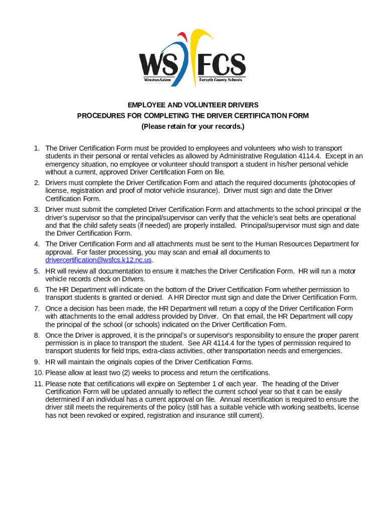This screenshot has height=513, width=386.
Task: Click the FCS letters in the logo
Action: [x=221, y=64]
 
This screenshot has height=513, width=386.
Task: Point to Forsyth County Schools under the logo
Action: [x=221, y=80]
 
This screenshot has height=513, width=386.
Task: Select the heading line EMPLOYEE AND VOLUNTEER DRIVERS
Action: [x=193, y=105]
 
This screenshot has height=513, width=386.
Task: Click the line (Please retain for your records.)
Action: [x=193, y=126]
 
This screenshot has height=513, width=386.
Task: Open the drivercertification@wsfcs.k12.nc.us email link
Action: [x=98, y=260]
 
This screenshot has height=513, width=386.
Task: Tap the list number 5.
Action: [x=37, y=271]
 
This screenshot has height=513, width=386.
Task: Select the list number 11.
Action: [x=39, y=383]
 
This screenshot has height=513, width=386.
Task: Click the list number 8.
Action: [x=37, y=335]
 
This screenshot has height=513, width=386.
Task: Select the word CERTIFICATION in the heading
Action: [x=256, y=116]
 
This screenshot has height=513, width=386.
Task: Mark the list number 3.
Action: [x=37, y=209]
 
